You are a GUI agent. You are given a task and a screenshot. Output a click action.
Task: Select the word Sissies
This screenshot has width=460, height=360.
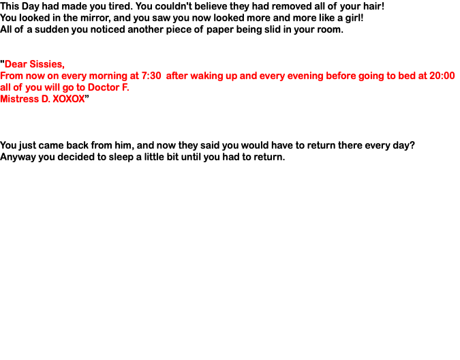[48, 65]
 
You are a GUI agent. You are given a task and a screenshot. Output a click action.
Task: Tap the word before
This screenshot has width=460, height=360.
[341, 76]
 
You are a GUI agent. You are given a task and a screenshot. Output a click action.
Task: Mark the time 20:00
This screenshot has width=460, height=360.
[442, 76]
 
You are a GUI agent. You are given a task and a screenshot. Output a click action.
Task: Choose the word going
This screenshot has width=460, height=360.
[372, 76]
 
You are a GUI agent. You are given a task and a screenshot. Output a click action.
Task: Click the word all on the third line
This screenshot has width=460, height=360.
[5, 88]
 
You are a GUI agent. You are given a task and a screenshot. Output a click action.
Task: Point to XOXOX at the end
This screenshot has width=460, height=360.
[68, 100]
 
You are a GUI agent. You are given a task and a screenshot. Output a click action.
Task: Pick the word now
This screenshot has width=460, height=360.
[36, 76]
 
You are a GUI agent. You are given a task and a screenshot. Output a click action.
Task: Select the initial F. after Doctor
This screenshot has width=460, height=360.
[125, 88]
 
